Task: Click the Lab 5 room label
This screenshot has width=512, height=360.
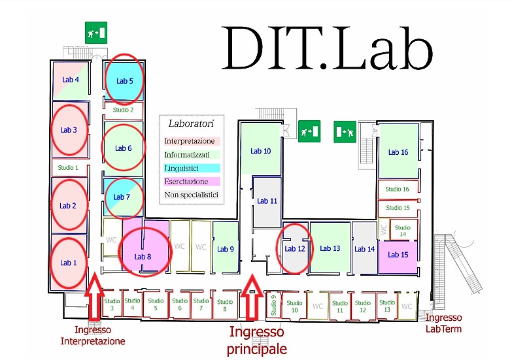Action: [x=125, y=81]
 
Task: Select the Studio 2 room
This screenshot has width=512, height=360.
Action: [x=124, y=110]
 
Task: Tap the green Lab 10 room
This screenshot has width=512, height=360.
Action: [x=260, y=148]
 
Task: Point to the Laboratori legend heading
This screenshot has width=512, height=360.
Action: [x=191, y=123]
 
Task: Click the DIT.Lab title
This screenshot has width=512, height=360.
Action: [x=327, y=48]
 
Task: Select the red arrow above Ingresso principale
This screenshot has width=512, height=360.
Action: [x=252, y=297]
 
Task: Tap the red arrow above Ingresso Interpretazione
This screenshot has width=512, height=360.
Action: [x=94, y=297]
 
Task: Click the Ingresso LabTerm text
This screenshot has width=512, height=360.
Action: [x=443, y=323]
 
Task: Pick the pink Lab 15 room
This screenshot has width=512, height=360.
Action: [x=398, y=257]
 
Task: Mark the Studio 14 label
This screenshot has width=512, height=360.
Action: [x=402, y=231]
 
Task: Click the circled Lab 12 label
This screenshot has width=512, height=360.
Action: [x=294, y=249]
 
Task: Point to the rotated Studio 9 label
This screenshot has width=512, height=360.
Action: [x=273, y=306]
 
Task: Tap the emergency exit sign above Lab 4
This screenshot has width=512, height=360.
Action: [x=96, y=33]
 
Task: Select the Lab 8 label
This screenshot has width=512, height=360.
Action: [x=143, y=257]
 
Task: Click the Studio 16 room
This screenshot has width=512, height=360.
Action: [x=398, y=189]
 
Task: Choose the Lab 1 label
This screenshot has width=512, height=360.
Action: [x=68, y=263]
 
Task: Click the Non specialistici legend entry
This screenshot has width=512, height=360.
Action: [x=192, y=195]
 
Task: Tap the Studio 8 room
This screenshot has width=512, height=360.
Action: [x=225, y=305]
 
